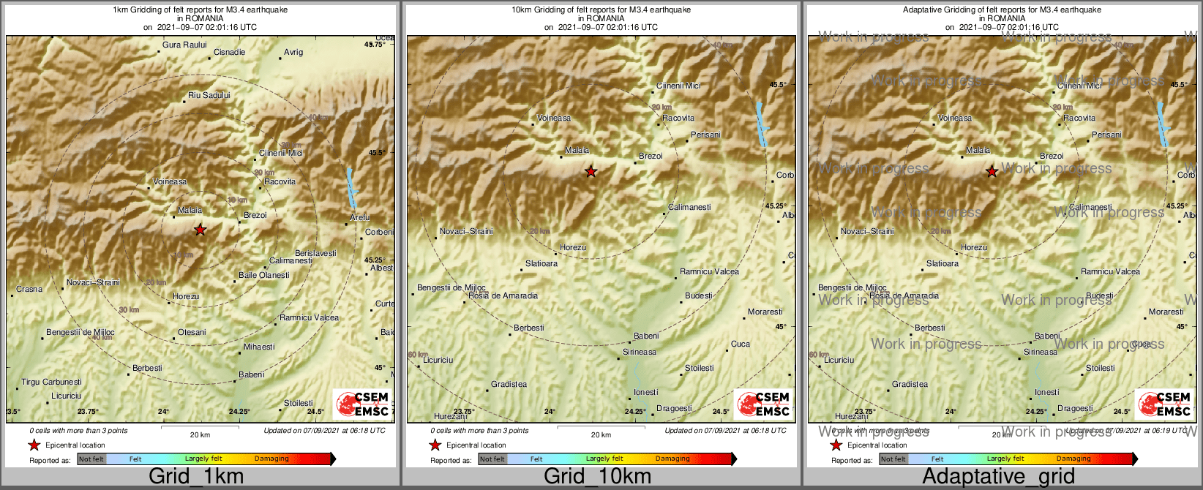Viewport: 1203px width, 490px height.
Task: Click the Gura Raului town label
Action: (x=184, y=45)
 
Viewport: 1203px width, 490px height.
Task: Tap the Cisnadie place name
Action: (x=230, y=53)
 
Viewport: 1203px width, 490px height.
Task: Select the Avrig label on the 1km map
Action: (x=293, y=53)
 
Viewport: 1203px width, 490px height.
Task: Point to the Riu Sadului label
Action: (x=209, y=96)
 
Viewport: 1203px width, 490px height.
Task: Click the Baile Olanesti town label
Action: (x=264, y=276)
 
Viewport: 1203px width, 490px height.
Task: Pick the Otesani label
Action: (x=192, y=333)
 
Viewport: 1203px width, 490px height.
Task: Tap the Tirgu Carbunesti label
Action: (x=51, y=382)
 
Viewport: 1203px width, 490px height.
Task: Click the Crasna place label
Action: (x=29, y=290)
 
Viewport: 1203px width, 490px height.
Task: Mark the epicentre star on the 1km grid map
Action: (x=200, y=230)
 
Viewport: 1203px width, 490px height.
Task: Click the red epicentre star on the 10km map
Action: (x=591, y=172)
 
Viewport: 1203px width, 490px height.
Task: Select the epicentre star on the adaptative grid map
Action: (x=992, y=172)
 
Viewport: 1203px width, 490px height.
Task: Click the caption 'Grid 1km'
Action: (x=196, y=477)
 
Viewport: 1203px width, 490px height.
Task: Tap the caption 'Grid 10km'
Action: (x=597, y=477)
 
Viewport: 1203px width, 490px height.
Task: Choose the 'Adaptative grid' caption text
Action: (x=998, y=477)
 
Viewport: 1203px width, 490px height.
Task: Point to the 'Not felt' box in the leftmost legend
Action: (x=91, y=459)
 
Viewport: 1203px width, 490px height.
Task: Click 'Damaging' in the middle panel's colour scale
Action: (x=672, y=459)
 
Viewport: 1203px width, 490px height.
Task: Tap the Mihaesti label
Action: (x=260, y=347)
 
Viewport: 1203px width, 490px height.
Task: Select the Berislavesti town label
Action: (x=316, y=254)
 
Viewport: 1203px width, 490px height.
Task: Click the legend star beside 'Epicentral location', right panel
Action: (x=836, y=445)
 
